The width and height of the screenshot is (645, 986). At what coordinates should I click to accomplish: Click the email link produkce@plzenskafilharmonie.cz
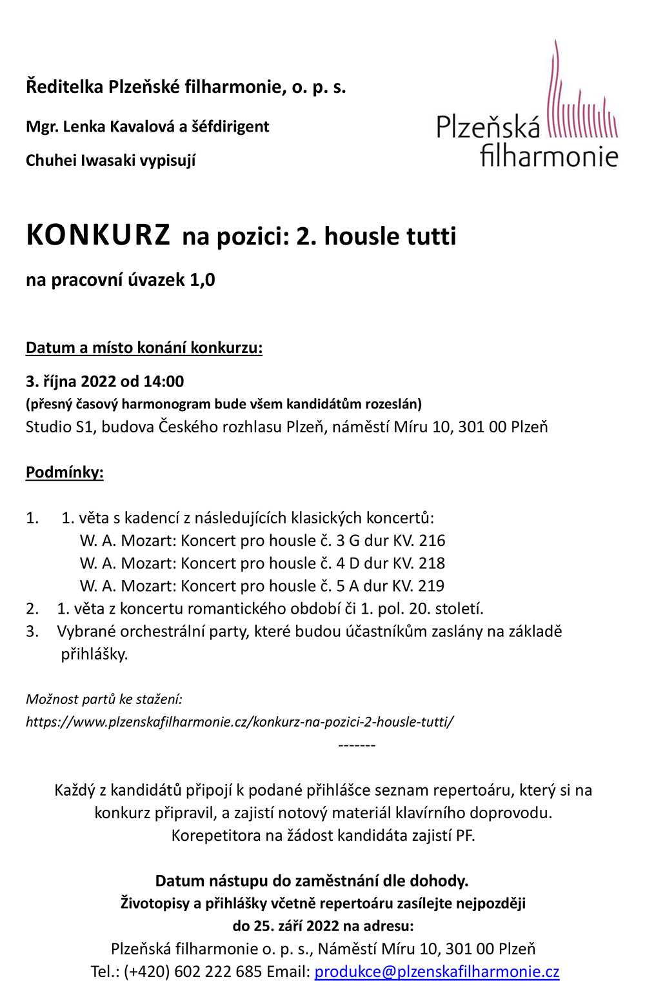(x=437, y=971)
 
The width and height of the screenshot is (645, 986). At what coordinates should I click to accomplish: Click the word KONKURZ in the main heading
(x=98, y=236)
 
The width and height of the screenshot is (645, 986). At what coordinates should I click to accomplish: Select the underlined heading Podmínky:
(x=64, y=472)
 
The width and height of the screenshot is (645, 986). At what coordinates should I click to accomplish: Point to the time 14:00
(x=164, y=381)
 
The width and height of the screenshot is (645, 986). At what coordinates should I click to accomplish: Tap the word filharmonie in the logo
(x=549, y=156)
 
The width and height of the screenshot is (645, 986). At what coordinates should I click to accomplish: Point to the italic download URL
(x=239, y=721)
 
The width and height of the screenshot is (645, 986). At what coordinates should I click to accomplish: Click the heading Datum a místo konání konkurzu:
(x=144, y=348)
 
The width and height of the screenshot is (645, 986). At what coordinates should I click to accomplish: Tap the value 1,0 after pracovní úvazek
(x=202, y=280)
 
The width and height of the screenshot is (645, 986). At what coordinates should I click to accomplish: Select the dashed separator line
(x=357, y=745)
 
